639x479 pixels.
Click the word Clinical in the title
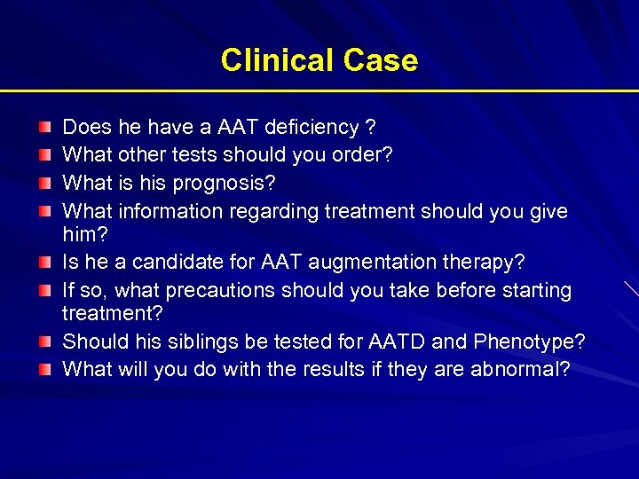(x=273, y=60)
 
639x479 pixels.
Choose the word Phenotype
(x=529, y=342)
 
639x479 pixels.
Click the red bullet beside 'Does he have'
(x=45, y=129)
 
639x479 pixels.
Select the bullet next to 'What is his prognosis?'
(x=45, y=185)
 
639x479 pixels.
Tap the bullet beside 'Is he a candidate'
(x=45, y=263)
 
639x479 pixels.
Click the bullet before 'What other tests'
(x=45, y=156)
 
